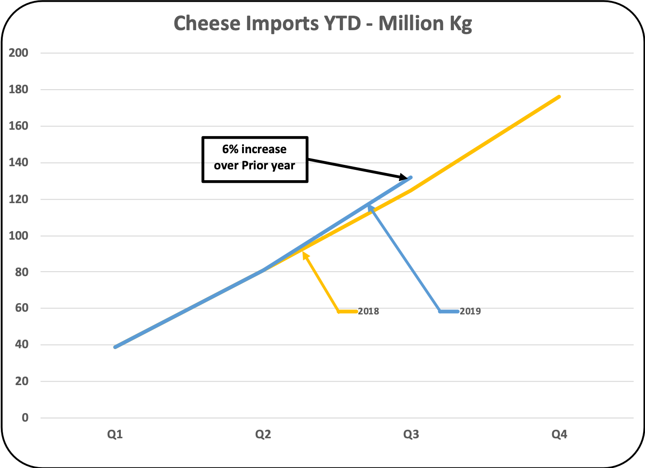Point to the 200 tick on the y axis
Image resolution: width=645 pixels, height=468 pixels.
18,53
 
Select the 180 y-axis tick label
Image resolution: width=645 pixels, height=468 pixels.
18,89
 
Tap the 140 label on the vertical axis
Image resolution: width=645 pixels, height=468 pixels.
18,163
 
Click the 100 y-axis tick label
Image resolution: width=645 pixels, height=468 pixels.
18,236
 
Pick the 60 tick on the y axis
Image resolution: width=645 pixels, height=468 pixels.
22,308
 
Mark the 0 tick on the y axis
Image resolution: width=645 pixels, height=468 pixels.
25,418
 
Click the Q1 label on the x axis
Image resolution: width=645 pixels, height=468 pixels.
115,434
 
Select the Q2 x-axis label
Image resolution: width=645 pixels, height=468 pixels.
263,434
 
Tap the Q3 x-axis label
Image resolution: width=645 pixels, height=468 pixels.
411,434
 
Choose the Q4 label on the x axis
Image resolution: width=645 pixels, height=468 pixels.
559,434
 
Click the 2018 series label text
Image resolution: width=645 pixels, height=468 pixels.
368,311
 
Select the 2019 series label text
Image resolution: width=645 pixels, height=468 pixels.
470,311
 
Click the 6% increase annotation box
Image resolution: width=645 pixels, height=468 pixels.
255,159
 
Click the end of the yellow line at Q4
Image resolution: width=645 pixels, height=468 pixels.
559,97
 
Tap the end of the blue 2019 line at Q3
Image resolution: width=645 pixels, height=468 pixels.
411,177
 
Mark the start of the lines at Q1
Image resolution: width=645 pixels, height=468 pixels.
115,347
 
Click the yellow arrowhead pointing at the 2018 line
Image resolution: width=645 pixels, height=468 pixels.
305,255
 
